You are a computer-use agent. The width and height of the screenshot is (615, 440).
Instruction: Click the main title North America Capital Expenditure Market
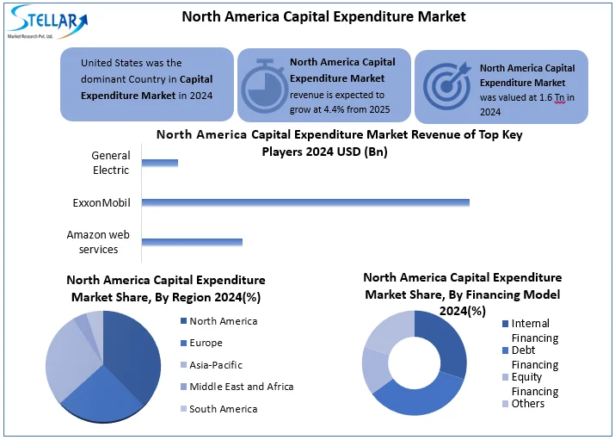tap(324, 16)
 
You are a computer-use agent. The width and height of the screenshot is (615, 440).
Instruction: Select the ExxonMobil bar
tap(305, 202)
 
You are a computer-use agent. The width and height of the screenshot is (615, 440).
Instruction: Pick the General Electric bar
tap(160, 163)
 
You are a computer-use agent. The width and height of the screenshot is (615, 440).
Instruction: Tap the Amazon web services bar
tap(192, 242)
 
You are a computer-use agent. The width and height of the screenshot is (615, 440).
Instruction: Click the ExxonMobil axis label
tap(101, 203)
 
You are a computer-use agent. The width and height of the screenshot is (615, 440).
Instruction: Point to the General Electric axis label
tap(111, 163)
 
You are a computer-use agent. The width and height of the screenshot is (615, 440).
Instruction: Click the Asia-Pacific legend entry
tap(215, 365)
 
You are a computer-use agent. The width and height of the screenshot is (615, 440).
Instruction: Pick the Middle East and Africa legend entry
tap(240, 387)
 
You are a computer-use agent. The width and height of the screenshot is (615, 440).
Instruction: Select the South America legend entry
tap(222, 409)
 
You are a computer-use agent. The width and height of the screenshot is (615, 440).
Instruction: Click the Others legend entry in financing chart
tap(527, 404)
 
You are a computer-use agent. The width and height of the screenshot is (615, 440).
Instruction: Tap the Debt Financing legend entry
tap(533, 357)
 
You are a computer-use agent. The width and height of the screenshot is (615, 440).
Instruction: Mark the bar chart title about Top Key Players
tap(339, 143)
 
